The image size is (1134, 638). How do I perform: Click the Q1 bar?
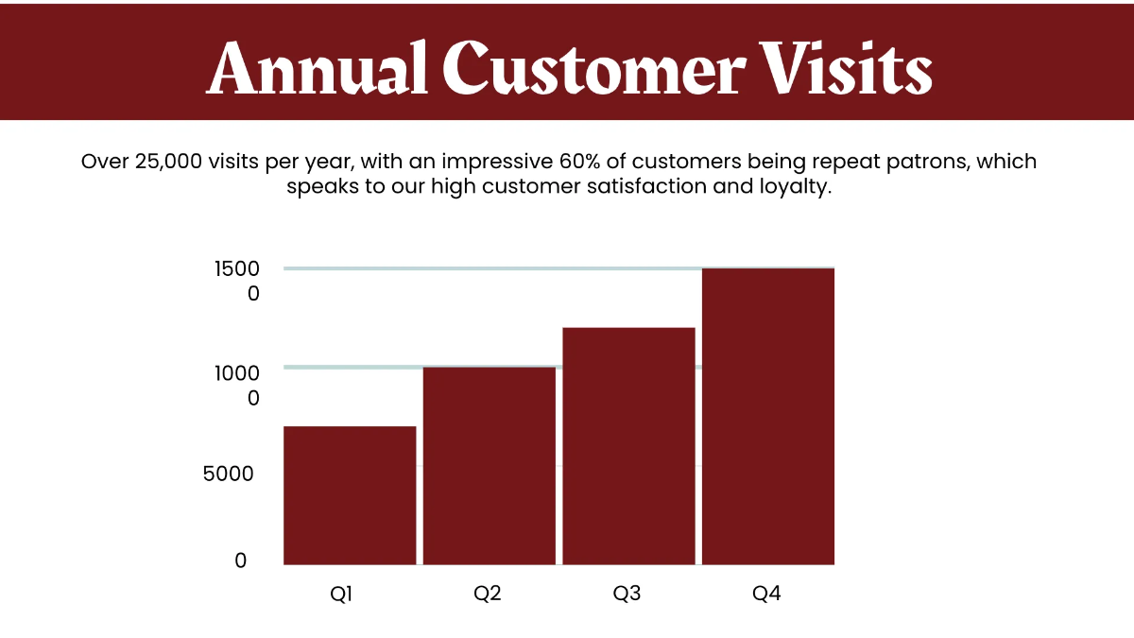tap(350, 495)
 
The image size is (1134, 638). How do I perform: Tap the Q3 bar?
tap(628, 445)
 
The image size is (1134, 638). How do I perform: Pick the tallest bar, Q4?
tap(767, 416)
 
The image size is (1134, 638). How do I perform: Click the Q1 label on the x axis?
tap(341, 595)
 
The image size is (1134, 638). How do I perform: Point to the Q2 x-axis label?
tap(488, 595)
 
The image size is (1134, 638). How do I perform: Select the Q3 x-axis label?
tap(627, 595)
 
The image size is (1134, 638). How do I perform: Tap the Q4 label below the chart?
tap(766, 595)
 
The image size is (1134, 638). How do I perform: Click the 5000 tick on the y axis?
tap(229, 474)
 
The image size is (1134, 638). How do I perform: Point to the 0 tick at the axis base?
tap(240, 560)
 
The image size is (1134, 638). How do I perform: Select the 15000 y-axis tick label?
tap(237, 281)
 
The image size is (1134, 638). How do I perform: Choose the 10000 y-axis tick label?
tap(237, 385)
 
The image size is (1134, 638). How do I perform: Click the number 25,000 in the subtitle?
tap(167, 161)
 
